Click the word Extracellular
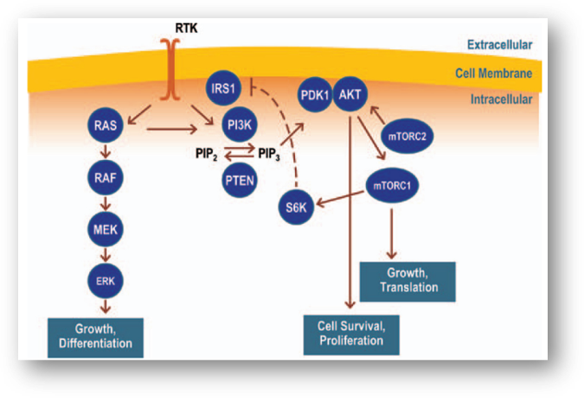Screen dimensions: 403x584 click(x=499, y=44)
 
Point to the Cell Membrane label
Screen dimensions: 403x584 click(x=494, y=74)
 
